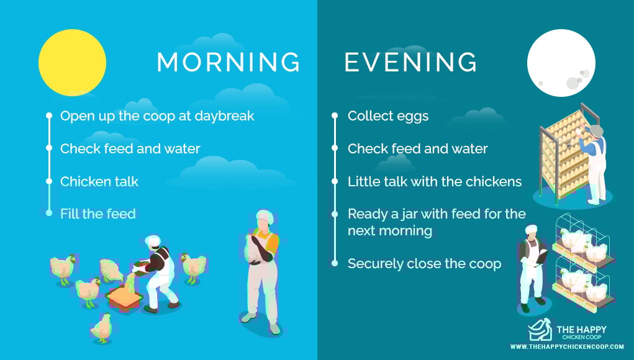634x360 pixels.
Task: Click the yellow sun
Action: (x=73, y=63)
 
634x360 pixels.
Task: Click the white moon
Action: (x=561, y=63)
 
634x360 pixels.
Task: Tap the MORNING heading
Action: (x=229, y=62)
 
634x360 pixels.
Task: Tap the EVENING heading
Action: (x=411, y=62)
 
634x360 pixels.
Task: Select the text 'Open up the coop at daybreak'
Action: (x=157, y=116)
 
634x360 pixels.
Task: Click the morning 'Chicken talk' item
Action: (x=99, y=181)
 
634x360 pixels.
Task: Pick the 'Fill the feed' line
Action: (x=98, y=214)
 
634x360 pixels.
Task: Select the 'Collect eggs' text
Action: (x=388, y=116)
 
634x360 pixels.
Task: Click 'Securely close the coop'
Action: (x=425, y=264)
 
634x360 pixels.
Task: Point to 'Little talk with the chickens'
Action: (x=435, y=181)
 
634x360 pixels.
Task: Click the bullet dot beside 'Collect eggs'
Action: (x=334, y=115)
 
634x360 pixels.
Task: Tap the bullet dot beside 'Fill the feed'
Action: (x=49, y=213)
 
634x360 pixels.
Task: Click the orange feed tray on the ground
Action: (x=124, y=297)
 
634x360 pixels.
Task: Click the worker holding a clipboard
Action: (x=532, y=268)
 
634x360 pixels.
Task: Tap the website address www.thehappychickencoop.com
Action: (x=567, y=347)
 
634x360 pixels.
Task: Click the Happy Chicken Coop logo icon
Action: (x=540, y=330)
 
